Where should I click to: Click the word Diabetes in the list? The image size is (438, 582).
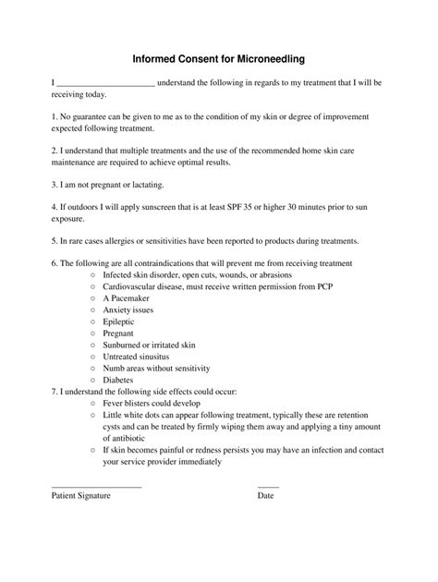pyautogui.click(x=119, y=380)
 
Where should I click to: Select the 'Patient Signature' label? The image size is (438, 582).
pyautogui.click(x=80, y=496)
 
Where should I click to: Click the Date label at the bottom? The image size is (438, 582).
pyautogui.click(x=265, y=496)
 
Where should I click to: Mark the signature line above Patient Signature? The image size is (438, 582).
pyautogui.click(x=96, y=485)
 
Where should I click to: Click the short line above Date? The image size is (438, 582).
pyautogui.click(x=268, y=485)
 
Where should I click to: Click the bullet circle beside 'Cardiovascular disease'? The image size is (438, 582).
pyautogui.click(x=93, y=286)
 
